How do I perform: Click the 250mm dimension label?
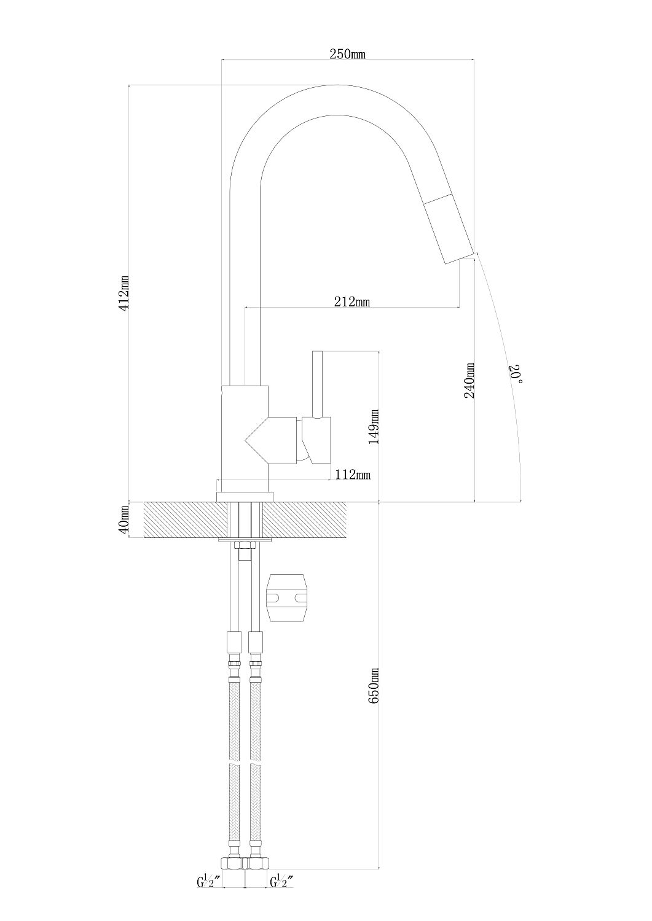[x=347, y=54]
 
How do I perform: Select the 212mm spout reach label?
[x=352, y=302]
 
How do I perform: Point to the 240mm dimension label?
[x=469, y=380]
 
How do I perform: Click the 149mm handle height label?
[x=374, y=427]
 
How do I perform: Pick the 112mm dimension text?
[x=352, y=475]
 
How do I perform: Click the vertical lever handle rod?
[x=317, y=385]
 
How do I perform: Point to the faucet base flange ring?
[x=245, y=497]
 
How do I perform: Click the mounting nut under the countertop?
[x=245, y=546]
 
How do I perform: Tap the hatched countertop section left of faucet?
[x=185, y=519]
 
